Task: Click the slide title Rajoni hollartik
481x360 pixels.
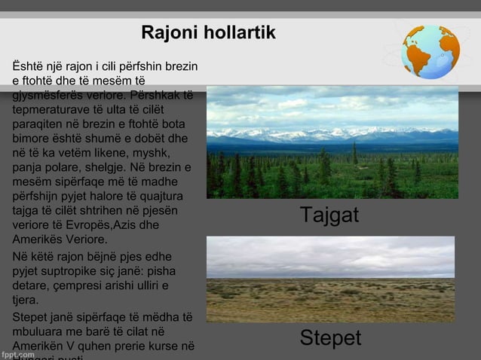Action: [x=208, y=34]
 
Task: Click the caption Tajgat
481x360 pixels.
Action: [x=329, y=215]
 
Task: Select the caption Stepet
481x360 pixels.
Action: [x=330, y=338]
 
